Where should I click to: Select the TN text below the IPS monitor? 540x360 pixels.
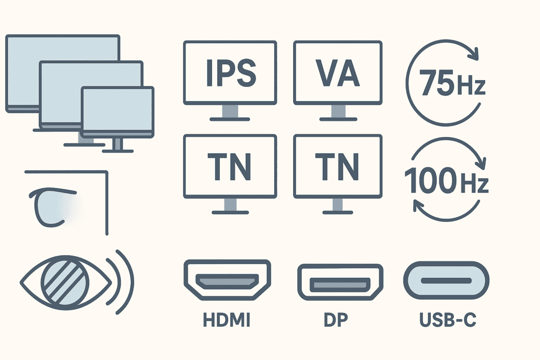(229, 166)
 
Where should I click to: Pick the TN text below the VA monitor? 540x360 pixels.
(337, 166)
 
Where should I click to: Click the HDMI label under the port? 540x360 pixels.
(226, 321)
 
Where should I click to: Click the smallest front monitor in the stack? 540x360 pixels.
(118, 112)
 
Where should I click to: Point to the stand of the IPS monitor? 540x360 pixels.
(229, 112)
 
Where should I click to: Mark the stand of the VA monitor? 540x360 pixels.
(337, 112)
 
